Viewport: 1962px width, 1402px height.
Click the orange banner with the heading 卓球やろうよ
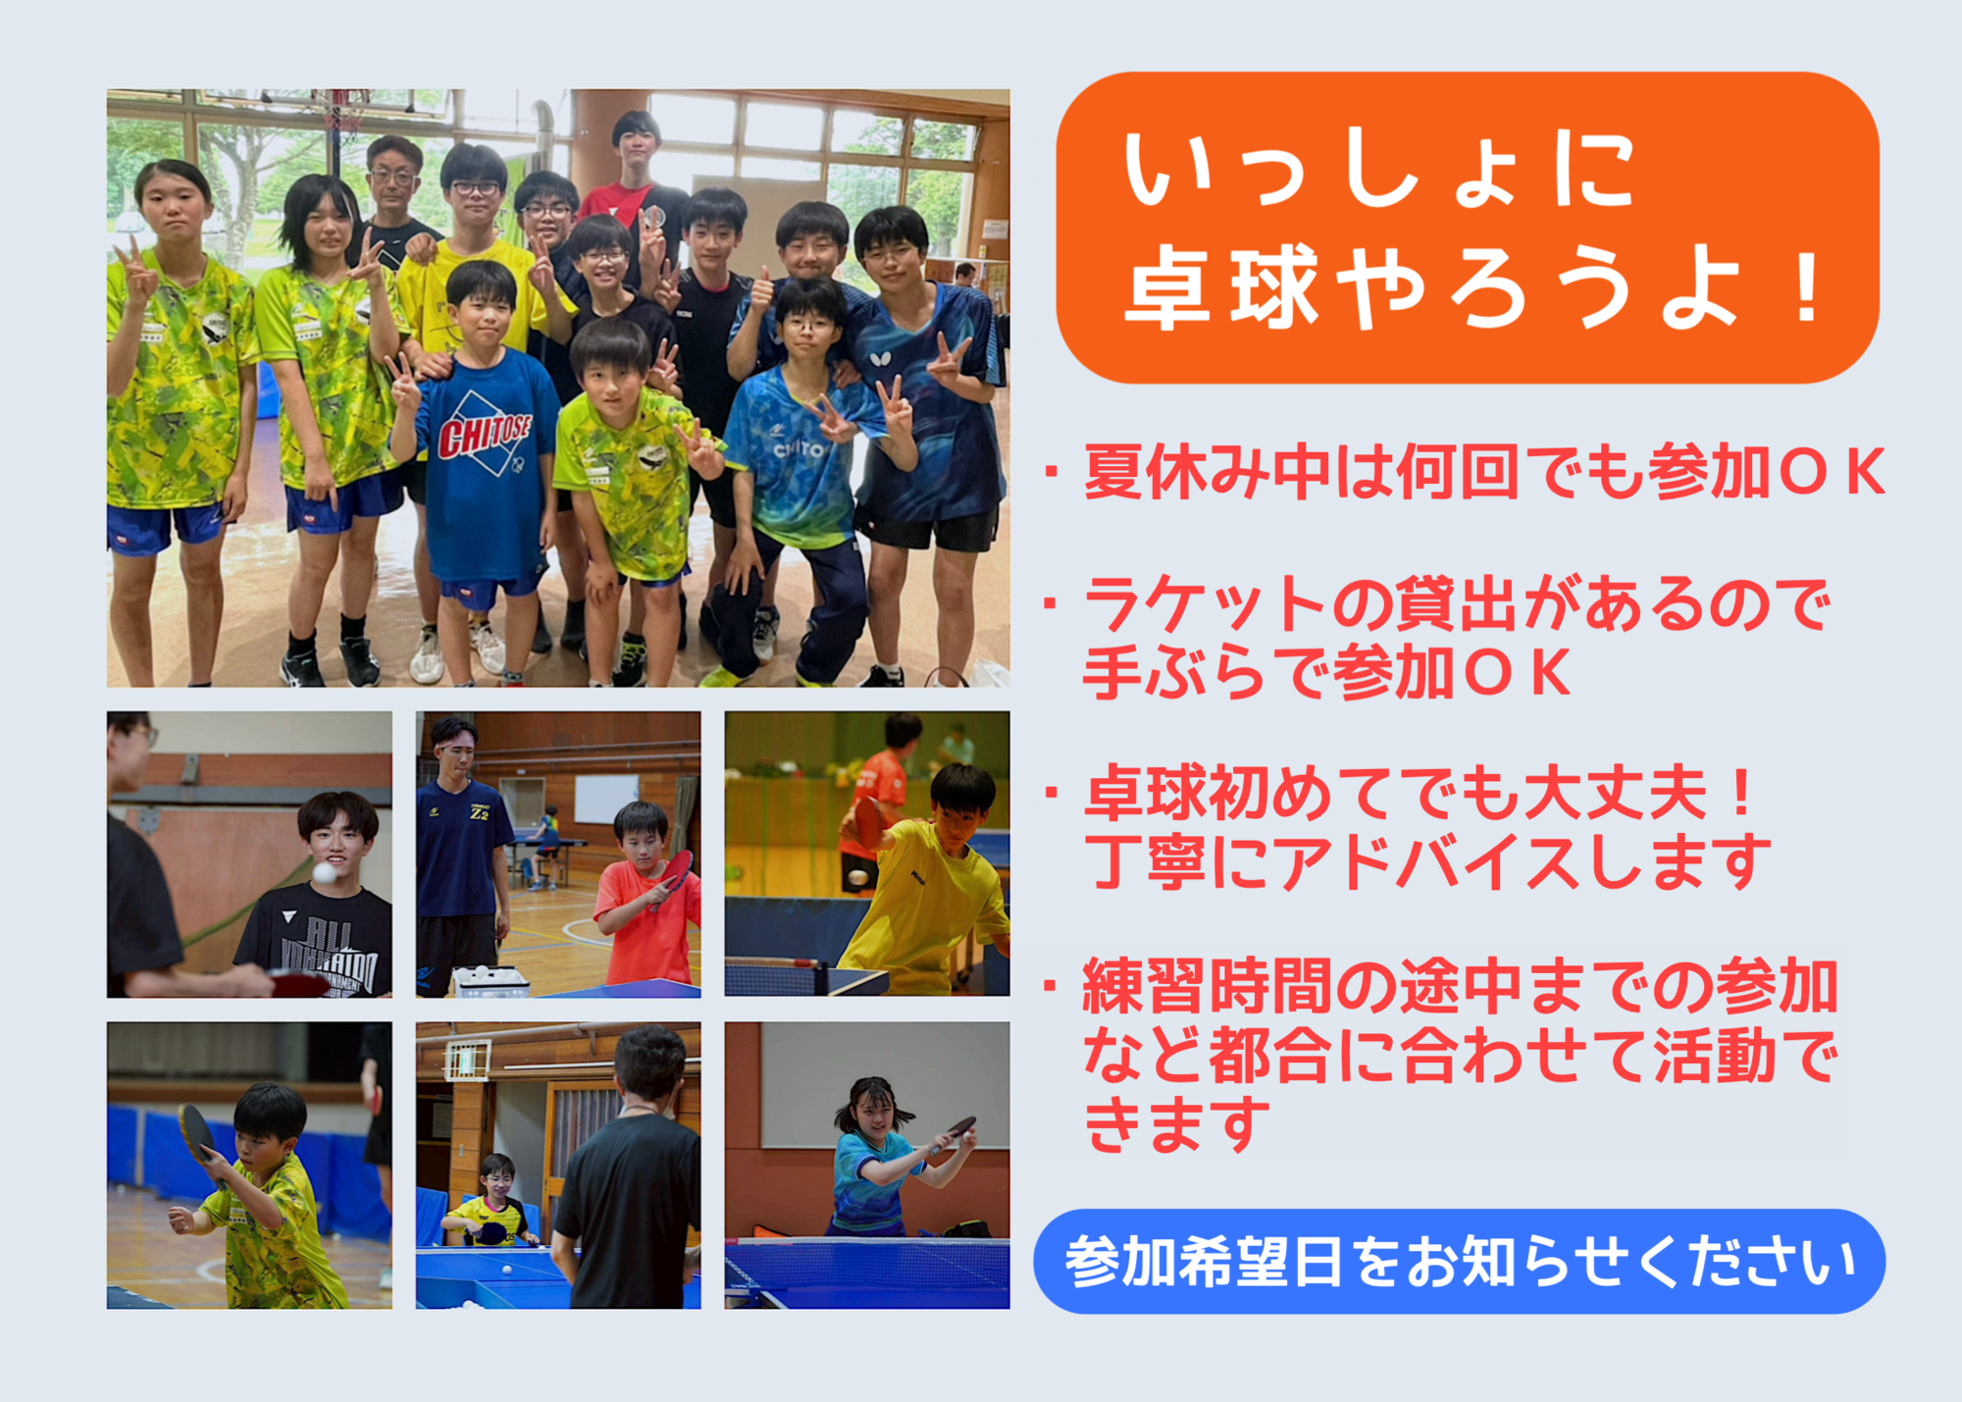(1467, 228)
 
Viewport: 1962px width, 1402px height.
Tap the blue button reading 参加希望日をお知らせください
(1459, 1261)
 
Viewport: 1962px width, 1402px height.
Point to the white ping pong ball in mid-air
(324, 872)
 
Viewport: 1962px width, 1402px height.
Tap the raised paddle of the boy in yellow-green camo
(197, 1133)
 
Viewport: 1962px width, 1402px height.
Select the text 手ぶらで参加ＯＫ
(1326, 672)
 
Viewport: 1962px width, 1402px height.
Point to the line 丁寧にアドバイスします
(1427, 861)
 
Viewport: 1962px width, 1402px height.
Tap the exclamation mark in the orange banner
(1806, 288)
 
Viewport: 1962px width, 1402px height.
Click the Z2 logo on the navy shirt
(479, 813)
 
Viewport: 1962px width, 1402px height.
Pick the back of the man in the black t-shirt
(628, 1207)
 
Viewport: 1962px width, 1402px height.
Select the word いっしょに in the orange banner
(1378, 170)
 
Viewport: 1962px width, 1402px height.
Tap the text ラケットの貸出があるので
(1457, 603)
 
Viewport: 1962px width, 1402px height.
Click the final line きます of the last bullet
(1177, 1124)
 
